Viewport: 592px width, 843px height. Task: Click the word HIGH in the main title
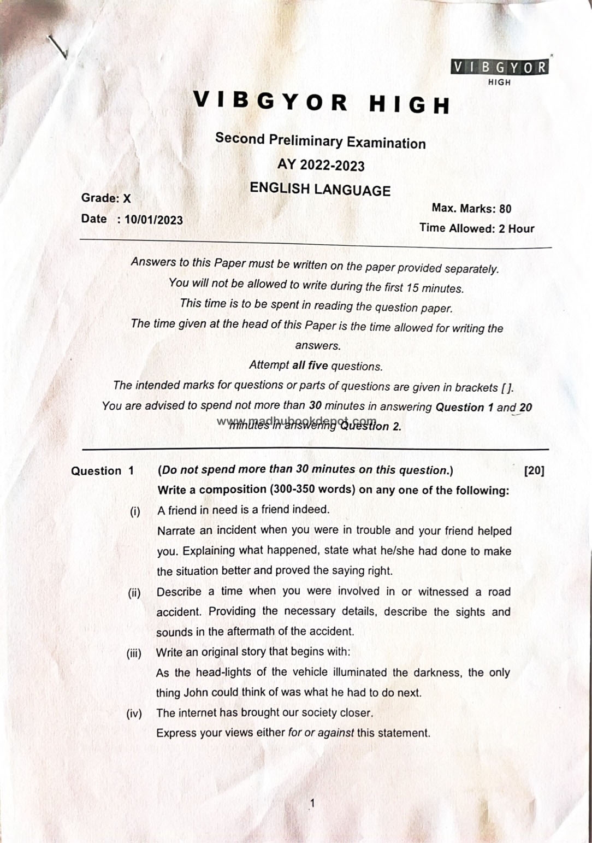(410, 105)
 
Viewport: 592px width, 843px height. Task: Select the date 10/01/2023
(153, 220)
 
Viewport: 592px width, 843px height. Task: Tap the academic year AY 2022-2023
(321, 165)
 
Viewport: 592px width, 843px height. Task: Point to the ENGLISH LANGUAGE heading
(320, 190)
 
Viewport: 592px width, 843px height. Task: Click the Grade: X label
(106, 198)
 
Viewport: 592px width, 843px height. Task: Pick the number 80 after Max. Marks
(505, 209)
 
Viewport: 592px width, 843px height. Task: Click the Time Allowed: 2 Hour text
(477, 228)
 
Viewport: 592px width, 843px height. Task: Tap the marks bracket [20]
(534, 470)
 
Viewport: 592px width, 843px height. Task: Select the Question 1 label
(102, 471)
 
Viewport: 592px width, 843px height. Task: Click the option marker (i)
(135, 511)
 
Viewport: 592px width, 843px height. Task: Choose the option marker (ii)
(134, 593)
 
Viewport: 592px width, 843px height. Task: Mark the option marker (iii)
(134, 653)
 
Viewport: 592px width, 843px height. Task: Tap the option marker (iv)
(134, 714)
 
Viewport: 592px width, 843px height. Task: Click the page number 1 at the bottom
(312, 803)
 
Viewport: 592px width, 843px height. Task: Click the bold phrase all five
(310, 366)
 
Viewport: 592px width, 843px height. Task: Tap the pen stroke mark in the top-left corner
(58, 47)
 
